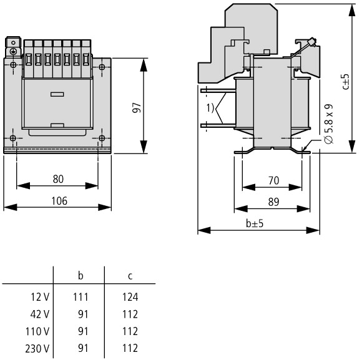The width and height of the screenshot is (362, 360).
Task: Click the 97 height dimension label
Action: click(x=137, y=107)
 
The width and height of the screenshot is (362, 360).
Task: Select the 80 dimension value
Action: click(x=58, y=179)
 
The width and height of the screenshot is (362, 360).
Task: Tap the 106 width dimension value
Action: click(x=59, y=201)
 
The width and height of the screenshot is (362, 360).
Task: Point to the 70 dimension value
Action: click(x=273, y=180)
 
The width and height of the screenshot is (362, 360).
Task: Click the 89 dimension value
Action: click(x=273, y=202)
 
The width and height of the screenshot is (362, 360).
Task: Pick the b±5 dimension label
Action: click(x=255, y=223)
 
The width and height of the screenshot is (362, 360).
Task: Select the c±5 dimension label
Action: click(x=346, y=82)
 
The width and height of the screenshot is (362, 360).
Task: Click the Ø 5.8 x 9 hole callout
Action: click(x=328, y=124)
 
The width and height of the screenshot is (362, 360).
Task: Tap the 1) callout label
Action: click(x=210, y=108)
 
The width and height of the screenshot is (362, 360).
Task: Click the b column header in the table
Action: click(x=81, y=275)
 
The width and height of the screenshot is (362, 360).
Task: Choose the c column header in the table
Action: click(x=130, y=276)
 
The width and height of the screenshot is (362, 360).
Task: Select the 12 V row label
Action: click(x=40, y=297)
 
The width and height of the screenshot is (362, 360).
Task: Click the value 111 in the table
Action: click(x=81, y=297)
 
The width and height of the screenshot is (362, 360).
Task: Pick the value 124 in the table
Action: click(x=130, y=297)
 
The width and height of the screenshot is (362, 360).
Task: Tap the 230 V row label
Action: click(x=37, y=349)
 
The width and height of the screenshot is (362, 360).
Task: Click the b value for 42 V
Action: click(x=83, y=314)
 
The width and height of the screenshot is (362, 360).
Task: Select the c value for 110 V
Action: click(x=130, y=331)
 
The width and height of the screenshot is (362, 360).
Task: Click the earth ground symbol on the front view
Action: click(x=13, y=51)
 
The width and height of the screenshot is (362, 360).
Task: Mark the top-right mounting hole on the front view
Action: click(x=102, y=67)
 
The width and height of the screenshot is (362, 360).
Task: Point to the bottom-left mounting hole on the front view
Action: click(x=13, y=138)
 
